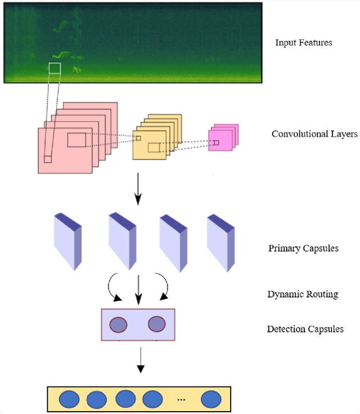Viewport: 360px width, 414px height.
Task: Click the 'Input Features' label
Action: (304, 43)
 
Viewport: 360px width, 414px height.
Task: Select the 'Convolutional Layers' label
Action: (314, 134)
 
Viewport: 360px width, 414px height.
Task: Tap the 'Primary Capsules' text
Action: (303, 248)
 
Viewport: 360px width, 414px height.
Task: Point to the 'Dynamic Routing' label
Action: (303, 294)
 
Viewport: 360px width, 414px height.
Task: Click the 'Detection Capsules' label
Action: (305, 329)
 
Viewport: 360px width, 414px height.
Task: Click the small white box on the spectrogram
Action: (55, 69)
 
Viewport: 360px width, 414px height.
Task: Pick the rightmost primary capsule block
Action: (220, 241)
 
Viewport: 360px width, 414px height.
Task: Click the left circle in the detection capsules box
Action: (118, 325)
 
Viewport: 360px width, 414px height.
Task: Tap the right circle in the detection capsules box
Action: (156, 325)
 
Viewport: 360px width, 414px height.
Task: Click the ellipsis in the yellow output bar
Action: (180, 399)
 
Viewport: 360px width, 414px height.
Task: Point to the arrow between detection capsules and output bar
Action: (141, 359)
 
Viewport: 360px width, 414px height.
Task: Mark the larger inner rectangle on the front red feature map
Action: (77, 139)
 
